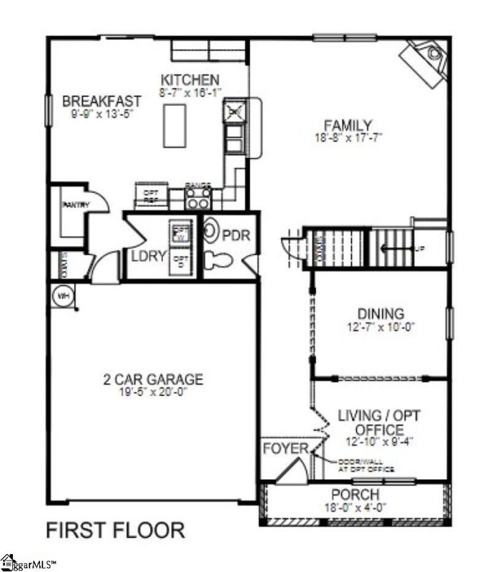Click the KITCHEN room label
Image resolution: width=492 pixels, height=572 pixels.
point(190,79)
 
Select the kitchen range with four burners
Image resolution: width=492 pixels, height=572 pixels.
point(198,194)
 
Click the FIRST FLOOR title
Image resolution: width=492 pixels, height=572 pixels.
point(114,531)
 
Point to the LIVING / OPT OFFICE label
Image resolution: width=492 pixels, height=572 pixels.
point(370,422)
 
